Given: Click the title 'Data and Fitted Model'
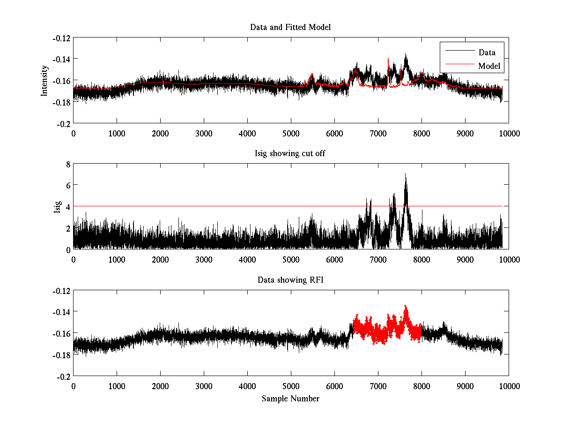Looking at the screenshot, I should (x=290, y=27).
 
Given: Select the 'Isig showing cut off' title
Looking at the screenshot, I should (x=290, y=154).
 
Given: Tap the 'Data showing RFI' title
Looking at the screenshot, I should (x=290, y=280).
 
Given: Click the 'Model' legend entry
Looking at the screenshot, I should (x=489, y=66).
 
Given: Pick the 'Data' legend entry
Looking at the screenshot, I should (x=487, y=53).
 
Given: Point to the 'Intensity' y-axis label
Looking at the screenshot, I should (x=44, y=80).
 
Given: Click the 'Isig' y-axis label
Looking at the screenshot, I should (x=57, y=207).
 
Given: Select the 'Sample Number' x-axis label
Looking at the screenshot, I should (x=290, y=399).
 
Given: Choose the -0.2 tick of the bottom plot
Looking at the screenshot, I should (x=64, y=377).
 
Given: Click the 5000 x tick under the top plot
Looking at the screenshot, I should (x=291, y=133).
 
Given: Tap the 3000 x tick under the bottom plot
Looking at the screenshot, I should (x=204, y=386).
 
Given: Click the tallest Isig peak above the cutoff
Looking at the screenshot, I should (x=406, y=174).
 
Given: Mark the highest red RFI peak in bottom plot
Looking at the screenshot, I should (x=406, y=307).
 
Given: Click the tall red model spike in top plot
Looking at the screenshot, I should (x=388, y=59).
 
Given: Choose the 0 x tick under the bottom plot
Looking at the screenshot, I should (x=74, y=386).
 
